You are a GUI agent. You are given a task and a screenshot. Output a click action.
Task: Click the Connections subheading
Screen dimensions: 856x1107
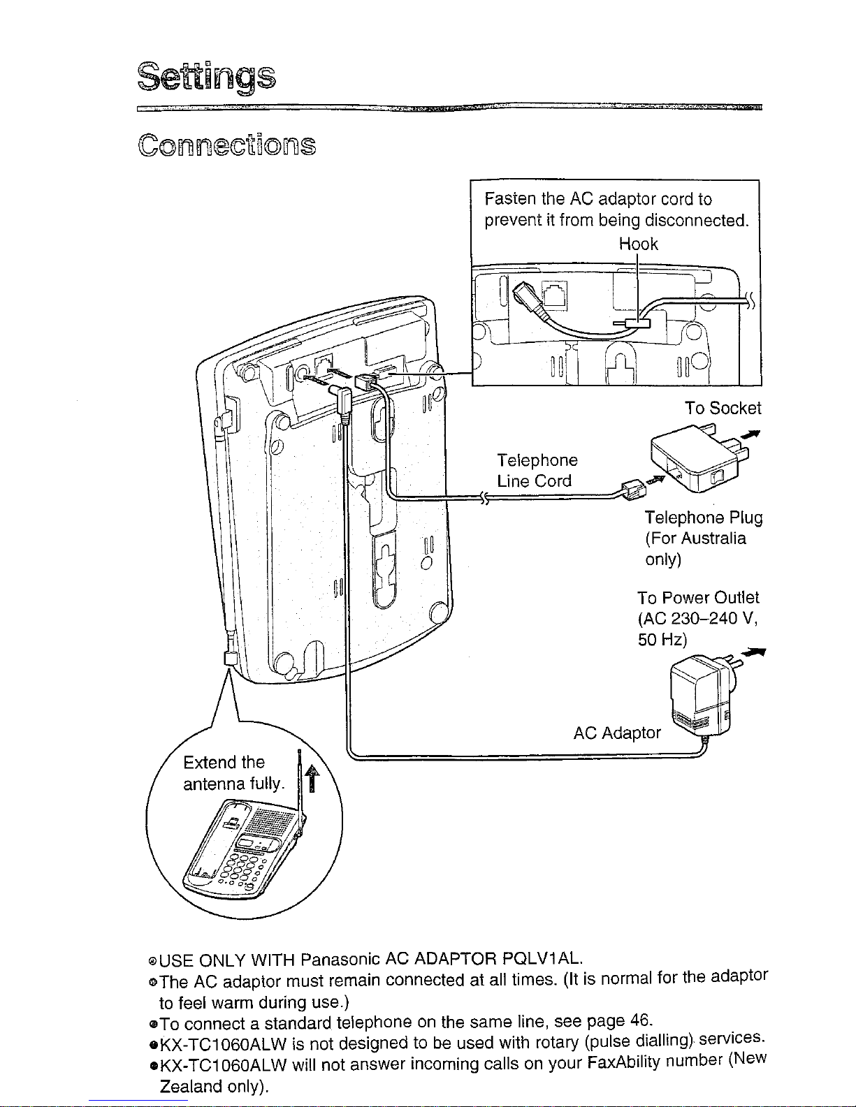[226, 145]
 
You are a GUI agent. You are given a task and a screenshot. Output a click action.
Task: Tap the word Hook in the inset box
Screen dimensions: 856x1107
[639, 244]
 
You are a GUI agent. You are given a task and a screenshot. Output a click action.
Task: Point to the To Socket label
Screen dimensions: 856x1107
[723, 408]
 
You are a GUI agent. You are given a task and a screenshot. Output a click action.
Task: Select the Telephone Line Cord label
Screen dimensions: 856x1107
[537, 470]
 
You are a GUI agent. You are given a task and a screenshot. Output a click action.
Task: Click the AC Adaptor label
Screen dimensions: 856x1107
[616, 733]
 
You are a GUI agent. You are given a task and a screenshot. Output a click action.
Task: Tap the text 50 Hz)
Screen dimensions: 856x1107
[662, 639]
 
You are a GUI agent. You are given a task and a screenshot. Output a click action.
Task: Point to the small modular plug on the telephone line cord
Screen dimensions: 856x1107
[634, 490]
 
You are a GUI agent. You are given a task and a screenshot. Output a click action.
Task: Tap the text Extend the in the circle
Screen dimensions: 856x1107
[224, 762]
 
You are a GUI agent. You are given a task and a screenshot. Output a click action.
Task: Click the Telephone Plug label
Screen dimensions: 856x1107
[704, 518]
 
